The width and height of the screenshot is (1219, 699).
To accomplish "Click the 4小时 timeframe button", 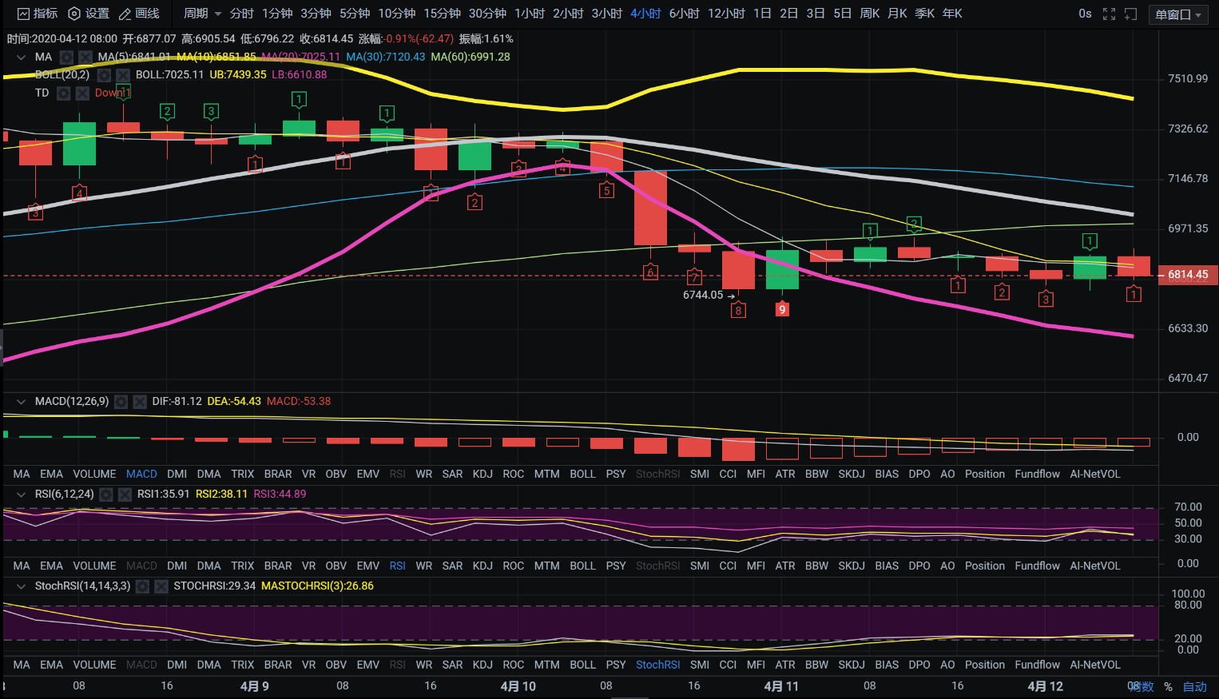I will pyautogui.click(x=645, y=14).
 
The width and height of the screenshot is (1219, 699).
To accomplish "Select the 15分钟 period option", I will pyautogui.click(x=442, y=14).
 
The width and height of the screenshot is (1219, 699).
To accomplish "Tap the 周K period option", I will pyautogui.click(x=869, y=14).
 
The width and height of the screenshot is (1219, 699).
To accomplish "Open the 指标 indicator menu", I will pyautogui.click(x=38, y=14).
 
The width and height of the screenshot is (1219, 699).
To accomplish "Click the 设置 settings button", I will pyautogui.click(x=89, y=14).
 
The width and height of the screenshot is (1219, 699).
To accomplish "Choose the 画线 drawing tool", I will pyautogui.click(x=139, y=14).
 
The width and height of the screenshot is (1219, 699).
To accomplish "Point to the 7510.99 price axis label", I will pyautogui.click(x=1187, y=78).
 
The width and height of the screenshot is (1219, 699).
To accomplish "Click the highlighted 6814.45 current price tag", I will pyautogui.click(x=1187, y=275).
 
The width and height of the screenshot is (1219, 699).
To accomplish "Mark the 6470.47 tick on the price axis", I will pyautogui.click(x=1187, y=378).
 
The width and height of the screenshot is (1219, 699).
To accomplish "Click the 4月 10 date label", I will pyautogui.click(x=518, y=686).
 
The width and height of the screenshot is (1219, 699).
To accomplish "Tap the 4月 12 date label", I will pyautogui.click(x=1045, y=686).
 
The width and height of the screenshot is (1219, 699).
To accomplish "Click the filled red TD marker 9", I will pyautogui.click(x=782, y=309).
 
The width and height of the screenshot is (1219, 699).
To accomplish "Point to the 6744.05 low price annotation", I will pyautogui.click(x=703, y=295).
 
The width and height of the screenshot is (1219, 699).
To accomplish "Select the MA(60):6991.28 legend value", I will pyautogui.click(x=470, y=57).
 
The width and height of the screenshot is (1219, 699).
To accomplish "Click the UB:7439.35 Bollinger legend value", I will pyautogui.click(x=237, y=74).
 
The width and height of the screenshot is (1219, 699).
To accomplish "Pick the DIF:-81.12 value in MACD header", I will pyautogui.click(x=177, y=401).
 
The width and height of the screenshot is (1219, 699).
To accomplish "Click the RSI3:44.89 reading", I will pyautogui.click(x=280, y=494).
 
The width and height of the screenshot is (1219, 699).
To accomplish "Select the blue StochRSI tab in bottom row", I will pyautogui.click(x=657, y=665).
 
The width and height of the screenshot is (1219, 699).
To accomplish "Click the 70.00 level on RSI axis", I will pyautogui.click(x=1187, y=506).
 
